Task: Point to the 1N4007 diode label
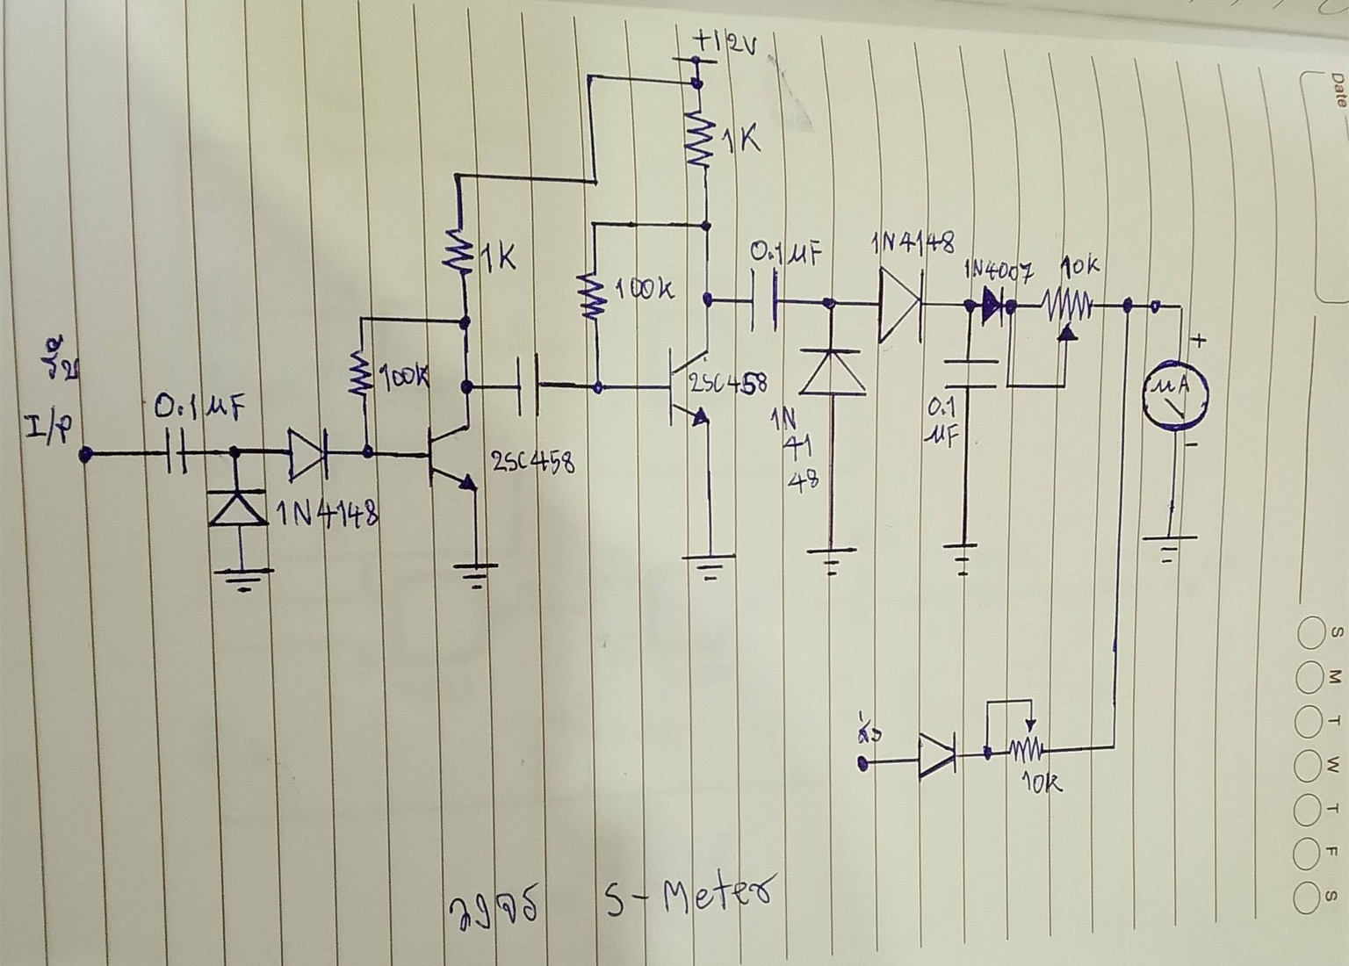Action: click(x=999, y=270)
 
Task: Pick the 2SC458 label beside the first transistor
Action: click(x=533, y=460)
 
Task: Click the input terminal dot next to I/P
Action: click(x=85, y=454)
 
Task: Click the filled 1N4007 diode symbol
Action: click(x=992, y=306)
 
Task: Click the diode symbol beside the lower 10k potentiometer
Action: click(x=939, y=755)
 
